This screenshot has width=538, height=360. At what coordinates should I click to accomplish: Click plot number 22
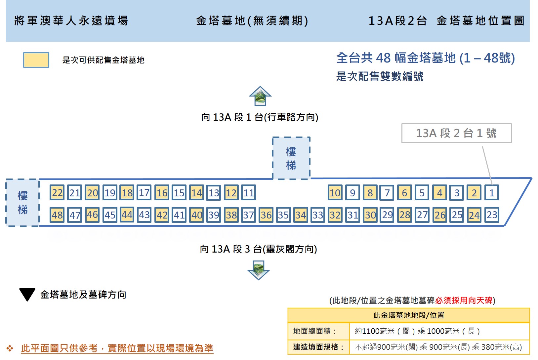pyautogui.click(x=57, y=192)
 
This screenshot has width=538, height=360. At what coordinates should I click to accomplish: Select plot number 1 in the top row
pyautogui.click(x=492, y=192)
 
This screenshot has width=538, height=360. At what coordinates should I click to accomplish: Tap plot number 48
pyautogui.click(x=57, y=215)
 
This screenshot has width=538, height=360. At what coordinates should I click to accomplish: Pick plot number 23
pyautogui.click(x=492, y=215)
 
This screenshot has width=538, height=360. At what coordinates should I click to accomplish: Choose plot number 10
pyautogui.click(x=335, y=192)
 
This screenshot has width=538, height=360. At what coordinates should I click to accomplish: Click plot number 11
pyautogui.click(x=248, y=192)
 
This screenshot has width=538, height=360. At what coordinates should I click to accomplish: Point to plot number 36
pyautogui.click(x=266, y=215)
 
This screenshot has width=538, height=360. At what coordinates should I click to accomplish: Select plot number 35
pyautogui.click(x=283, y=215)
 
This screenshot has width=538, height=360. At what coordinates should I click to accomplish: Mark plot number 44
pyautogui.click(x=127, y=215)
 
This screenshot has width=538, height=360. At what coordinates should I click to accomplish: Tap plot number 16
pyautogui.click(x=162, y=192)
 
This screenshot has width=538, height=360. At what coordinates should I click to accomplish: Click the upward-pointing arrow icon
pyautogui.click(x=260, y=96)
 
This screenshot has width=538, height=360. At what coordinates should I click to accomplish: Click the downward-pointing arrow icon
pyautogui.click(x=259, y=270)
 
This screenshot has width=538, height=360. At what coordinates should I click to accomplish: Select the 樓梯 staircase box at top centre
pyautogui.click(x=291, y=158)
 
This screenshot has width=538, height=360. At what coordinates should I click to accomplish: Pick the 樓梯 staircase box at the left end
pyautogui.click(x=22, y=202)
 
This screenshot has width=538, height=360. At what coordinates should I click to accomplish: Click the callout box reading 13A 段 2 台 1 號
pyautogui.click(x=457, y=133)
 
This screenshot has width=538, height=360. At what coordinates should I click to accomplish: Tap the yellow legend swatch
pyautogui.click(x=36, y=60)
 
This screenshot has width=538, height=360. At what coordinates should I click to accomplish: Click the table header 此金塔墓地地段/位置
pyautogui.click(x=409, y=315)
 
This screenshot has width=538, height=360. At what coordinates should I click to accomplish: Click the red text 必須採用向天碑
pyautogui.click(x=464, y=300)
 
